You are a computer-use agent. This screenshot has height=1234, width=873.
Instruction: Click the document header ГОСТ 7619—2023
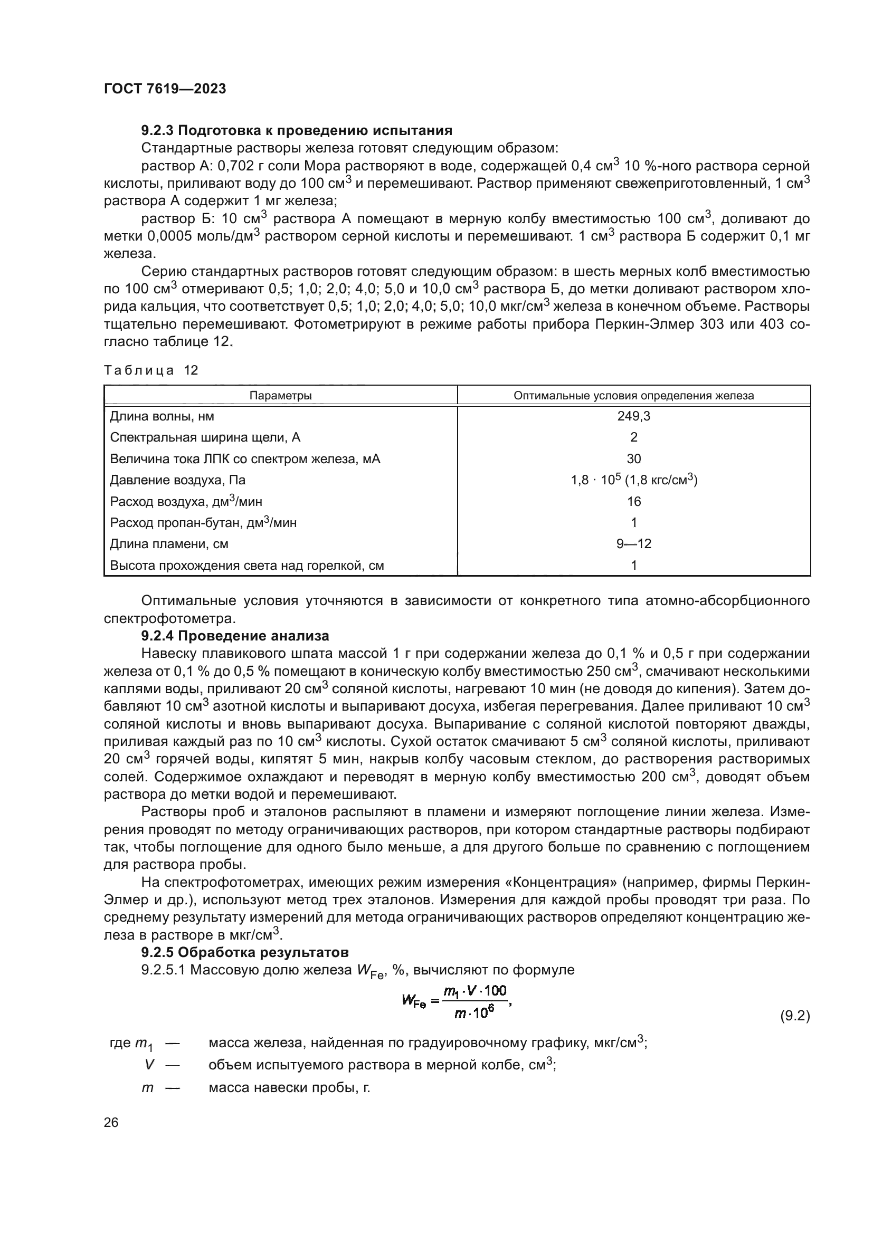165,89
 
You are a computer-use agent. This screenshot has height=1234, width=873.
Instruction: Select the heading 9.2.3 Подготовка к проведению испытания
296,131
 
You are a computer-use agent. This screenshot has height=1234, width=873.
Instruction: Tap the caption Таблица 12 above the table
151,370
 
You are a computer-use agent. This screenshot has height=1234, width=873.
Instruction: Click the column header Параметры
281,396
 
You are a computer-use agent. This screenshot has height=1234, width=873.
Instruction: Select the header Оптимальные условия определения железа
634,396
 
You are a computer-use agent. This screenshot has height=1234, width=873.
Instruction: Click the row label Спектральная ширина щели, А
205,437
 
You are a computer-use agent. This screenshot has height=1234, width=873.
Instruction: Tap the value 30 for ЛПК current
634,459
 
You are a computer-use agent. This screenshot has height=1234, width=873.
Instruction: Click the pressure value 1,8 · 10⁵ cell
634,480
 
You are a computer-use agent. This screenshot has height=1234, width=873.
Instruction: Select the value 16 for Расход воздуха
634,501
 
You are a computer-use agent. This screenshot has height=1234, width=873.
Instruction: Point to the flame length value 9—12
634,544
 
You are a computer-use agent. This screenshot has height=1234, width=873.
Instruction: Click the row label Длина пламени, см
169,544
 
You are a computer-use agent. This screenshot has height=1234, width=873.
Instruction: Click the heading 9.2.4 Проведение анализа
235,636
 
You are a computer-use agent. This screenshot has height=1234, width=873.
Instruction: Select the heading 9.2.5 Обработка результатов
244,952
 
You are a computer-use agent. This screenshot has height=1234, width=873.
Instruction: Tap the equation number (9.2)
794,1016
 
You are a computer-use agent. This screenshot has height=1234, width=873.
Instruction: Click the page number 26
111,1123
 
